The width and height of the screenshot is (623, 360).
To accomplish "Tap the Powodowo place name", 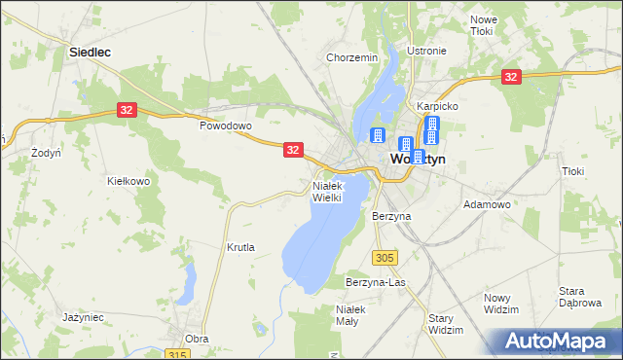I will coord(226,126).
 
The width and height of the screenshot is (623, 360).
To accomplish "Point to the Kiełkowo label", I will coord(128,181).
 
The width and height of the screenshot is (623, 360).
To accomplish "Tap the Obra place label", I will coord(197,339).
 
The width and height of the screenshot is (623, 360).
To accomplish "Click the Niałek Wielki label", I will coord(327,191).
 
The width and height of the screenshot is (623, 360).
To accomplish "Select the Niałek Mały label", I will coord(349,315).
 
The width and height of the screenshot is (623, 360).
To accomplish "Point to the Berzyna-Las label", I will coord(375,282).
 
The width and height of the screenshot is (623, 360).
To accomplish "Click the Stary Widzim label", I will coord(446,324).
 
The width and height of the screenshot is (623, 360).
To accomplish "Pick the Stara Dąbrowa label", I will coord(577,297).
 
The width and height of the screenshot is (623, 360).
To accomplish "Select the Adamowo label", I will coord(488,205).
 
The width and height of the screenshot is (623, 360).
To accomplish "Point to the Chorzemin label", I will coord(352,58).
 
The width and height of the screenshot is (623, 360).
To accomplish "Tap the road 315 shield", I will coord(176,355).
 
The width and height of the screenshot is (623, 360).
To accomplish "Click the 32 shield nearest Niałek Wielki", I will coord(294,150).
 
